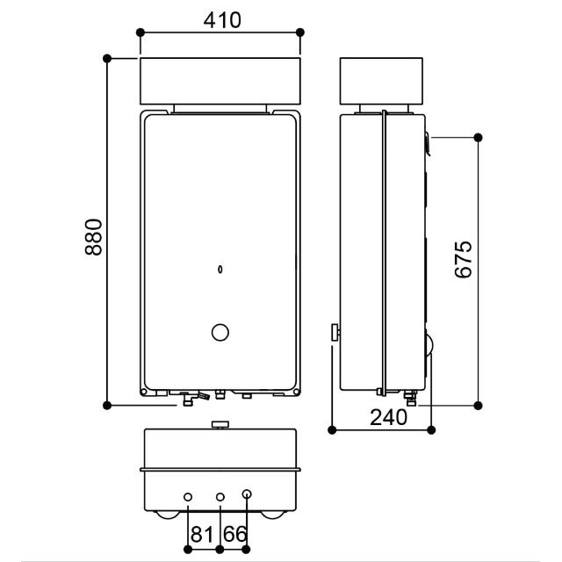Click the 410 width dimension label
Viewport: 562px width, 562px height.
(x=222, y=20)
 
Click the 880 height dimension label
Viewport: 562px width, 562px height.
(x=94, y=237)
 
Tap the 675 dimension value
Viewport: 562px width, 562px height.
(x=464, y=260)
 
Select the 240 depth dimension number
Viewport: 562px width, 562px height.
(x=388, y=417)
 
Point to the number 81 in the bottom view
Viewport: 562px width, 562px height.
(x=202, y=534)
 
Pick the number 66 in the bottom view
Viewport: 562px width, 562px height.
(x=235, y=534)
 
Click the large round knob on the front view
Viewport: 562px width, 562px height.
(x=220, y=333)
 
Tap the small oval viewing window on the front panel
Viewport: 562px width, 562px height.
(x=220, y=270)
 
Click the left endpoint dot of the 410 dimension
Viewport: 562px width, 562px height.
(x=140, y=32)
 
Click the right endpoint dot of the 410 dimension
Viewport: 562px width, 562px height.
(x=300, y=32)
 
